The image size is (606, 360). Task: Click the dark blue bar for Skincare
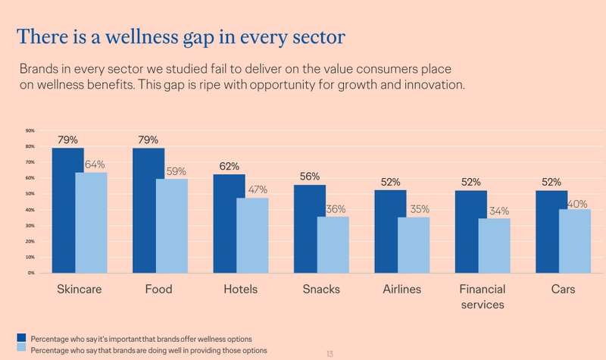(68, 210)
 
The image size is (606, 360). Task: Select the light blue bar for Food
(172, 226)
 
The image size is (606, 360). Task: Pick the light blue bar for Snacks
(333, 244)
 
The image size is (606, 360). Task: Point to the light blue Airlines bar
(413, 245)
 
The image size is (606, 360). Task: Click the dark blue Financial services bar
(471, 231)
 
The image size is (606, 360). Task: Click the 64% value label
(95, 164)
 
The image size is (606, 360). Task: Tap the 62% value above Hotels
(230, 166)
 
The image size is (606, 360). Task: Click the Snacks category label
(321, 290)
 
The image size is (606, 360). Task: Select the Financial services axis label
(483, 297)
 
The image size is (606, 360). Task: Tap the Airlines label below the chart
(402, 290)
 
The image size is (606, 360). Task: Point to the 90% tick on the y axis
(30, 130)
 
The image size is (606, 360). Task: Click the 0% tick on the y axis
(31, 272)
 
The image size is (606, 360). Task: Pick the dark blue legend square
(22, 337)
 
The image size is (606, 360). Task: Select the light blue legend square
(22, 348)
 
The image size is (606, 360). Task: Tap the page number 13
(330, 353)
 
